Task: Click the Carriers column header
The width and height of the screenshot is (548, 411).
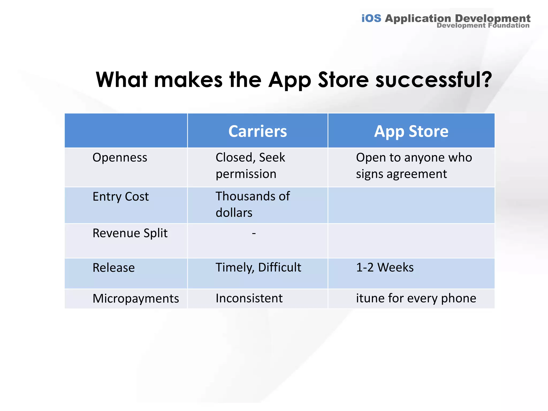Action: (x=257, y=131)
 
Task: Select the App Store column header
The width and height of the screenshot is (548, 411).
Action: (x=411, y=131)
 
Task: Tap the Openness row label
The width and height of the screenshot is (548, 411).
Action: (x=120, y=157)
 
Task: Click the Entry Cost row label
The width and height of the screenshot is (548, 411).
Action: (x=120, y=196)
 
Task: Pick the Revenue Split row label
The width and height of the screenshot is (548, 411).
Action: (x=130, y=233)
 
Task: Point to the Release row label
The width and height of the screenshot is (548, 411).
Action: (x=113, y=268)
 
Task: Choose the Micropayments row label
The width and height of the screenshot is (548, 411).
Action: (x=136, y=298)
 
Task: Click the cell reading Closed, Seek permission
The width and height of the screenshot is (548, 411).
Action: (x=250, y=166)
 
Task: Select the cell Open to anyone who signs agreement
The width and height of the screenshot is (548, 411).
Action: (x=414, y=166)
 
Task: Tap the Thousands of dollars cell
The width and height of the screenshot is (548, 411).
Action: (x=252, y=204)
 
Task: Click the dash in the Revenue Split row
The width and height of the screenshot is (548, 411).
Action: (x=254, y=233)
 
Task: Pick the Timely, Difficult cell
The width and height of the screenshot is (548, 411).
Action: (x=258, y=267)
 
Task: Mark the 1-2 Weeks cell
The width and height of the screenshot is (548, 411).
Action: (x=385, y=267)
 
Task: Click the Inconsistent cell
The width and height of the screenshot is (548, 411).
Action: (x=249, y=298)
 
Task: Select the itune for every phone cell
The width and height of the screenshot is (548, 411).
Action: (x=416, y=298)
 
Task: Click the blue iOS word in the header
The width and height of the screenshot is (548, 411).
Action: (x=371, y=18)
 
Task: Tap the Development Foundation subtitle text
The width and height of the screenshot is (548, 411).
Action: (x=483, y=25)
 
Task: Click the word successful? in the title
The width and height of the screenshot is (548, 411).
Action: (x=433, y=80)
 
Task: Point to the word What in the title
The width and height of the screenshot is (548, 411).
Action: (x=122, y=80)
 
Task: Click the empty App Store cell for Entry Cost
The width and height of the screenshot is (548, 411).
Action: (x=411, y=205)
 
